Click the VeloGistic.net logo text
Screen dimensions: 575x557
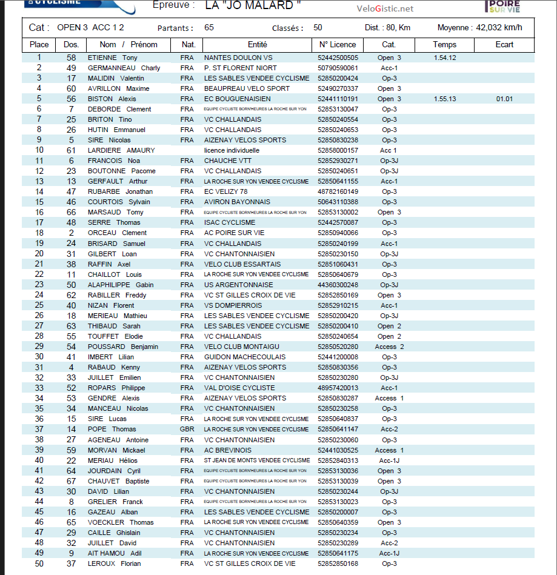point(385,8)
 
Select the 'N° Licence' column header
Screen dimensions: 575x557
point(338,45)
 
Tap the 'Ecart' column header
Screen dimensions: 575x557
point(504,45)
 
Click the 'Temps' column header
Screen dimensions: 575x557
point(445,45)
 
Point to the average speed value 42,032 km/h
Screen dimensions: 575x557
point(499,28)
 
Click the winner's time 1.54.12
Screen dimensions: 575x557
point(445,58)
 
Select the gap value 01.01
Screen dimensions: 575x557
point(504,99)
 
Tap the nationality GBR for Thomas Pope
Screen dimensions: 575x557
point(187,430)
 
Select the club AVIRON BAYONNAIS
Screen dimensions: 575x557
point(237,202)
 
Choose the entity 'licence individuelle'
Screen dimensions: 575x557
point(232,150)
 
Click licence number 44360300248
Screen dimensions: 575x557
point(338,285)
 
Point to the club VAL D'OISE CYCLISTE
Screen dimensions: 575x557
point(239,388)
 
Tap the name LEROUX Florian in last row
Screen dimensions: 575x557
point(114,563)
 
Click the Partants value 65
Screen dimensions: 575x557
point(209,28)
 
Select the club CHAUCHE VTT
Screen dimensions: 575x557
point(228,161)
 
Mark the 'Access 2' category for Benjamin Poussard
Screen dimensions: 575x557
point(389,347)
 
